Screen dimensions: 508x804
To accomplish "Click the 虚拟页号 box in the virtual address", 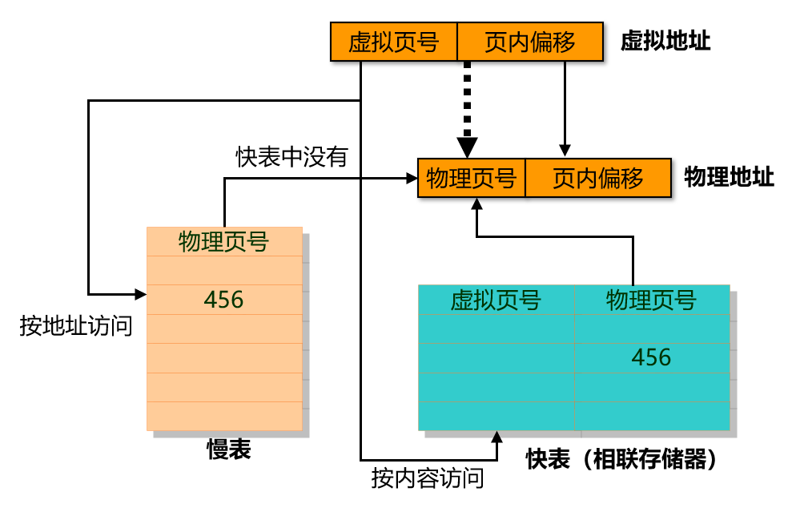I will [393, 42].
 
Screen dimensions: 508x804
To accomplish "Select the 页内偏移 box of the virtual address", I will [529, 42].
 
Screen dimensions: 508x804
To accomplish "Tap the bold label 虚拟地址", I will [665, 42].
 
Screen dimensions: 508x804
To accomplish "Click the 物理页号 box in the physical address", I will [471, 178].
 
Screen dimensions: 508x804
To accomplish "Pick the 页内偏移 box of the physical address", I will [597, 178].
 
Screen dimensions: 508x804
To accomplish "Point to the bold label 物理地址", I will [729, 177].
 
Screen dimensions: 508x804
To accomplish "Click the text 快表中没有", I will [291, 157].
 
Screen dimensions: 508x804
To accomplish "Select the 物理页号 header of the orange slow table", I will [223, 242].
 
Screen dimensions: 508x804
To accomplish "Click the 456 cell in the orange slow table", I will [223, 300].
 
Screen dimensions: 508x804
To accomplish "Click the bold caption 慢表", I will [228, 450].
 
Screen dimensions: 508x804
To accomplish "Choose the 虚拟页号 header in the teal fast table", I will [496, 300].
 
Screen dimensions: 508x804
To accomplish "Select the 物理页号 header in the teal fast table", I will [651, 300].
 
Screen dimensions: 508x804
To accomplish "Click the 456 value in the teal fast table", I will [651, 357].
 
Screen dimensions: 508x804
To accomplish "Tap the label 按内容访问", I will [428, 479].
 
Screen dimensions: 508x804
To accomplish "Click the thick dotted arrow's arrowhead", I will [468, 147].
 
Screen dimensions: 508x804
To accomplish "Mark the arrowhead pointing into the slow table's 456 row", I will [140, 293].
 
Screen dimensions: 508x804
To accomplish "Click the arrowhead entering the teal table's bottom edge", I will [496, 437].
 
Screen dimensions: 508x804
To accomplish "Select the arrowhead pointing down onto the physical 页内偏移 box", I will [565, 151].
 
